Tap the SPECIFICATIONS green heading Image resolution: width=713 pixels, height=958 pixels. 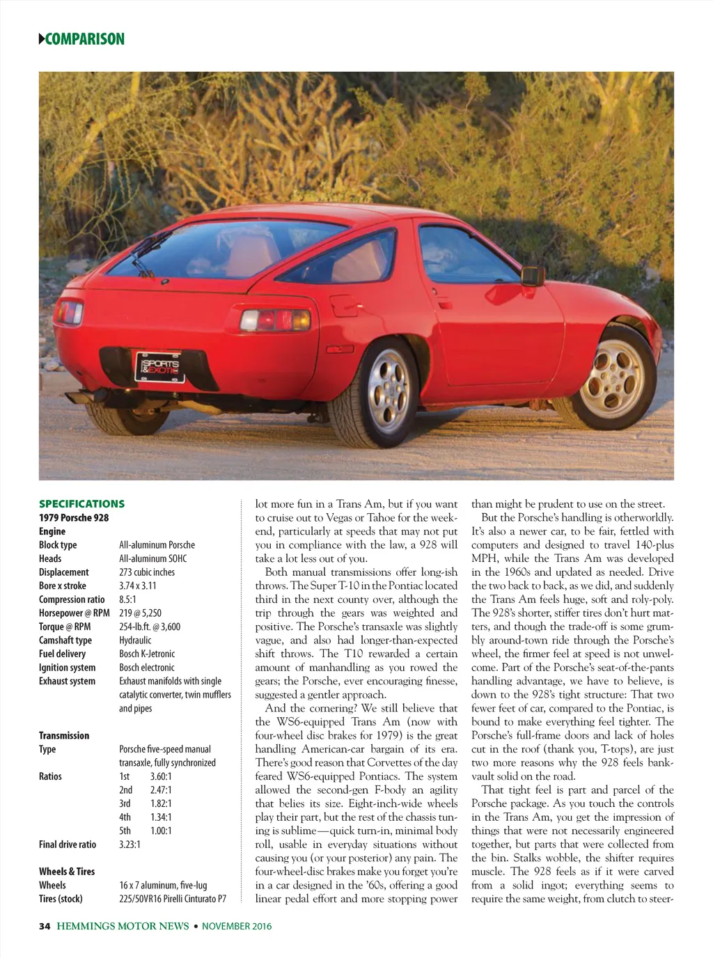81,504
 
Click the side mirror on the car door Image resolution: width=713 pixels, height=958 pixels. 533,275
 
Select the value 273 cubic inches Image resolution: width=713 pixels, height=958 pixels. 147,572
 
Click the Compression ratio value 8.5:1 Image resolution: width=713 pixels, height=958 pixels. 128,599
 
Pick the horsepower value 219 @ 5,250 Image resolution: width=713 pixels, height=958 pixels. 140,613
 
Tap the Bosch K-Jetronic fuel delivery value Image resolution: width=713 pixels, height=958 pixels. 147,654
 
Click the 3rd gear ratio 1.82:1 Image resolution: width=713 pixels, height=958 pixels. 161,803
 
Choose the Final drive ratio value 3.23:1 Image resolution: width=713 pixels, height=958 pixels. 130,845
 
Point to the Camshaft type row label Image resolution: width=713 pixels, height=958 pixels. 65,641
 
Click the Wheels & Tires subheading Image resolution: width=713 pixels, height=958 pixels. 67,872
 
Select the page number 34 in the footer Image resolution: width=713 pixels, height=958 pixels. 45,926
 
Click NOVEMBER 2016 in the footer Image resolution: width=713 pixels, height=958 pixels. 237,926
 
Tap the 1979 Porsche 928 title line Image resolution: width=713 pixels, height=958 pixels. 74,518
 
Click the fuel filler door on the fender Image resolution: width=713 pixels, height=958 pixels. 343,304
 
